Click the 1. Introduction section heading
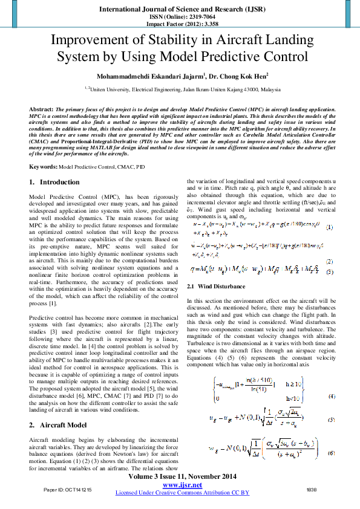coord(54,182)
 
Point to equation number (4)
coord(331,396)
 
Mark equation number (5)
coord(331,420)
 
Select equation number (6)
coord(331,453)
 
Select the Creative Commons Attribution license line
coord(182,493)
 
